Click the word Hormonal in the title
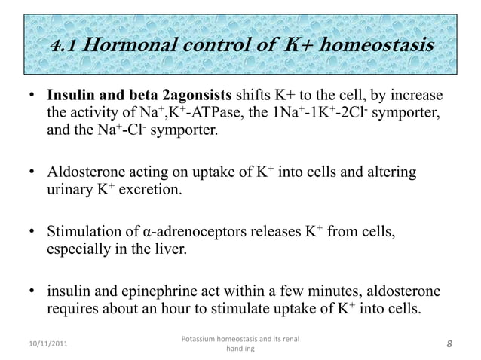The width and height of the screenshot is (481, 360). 126,47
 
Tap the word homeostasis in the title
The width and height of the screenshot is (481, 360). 377,47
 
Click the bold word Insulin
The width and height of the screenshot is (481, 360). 71,99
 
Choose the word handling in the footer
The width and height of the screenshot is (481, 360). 240,349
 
